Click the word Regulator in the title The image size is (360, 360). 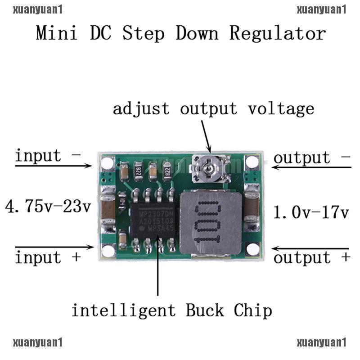tap(278, 34)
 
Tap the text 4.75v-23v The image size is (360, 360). tap(48, 207)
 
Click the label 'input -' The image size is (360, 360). tap(48, 156)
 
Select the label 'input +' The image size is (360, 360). tap(48, 258)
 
